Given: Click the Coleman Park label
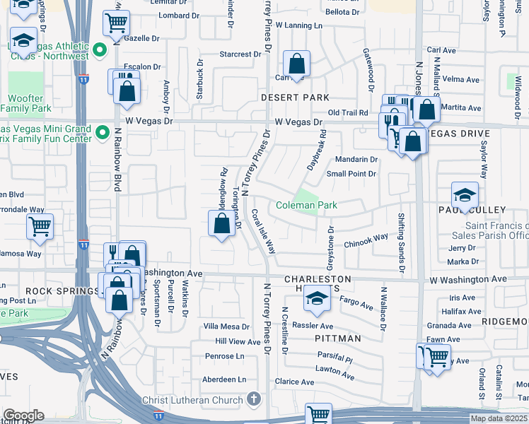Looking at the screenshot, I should [306, 205].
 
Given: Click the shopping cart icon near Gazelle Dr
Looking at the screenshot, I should [116, 22].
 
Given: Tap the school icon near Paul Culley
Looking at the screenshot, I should [465, 194].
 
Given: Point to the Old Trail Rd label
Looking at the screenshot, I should [348, 113].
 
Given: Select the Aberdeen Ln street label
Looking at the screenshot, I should [226, 379].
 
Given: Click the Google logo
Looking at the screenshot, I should [23, 416].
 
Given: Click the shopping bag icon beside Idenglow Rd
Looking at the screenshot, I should [222, 224].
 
